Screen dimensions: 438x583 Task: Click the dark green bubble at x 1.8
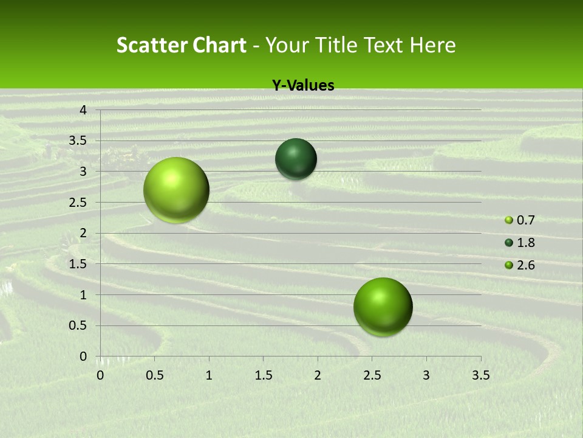coord(296,159)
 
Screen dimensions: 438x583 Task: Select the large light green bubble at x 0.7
coord(176,190)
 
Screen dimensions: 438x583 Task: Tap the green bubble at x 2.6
coord(383,307)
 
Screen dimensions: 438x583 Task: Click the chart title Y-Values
coord(302,86)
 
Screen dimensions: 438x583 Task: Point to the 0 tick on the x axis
coord(100,375)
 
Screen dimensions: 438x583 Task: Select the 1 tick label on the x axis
coord(209,375)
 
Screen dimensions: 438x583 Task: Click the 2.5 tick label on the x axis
coord(372,375)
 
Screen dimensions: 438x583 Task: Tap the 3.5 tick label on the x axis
coord(480,375)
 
